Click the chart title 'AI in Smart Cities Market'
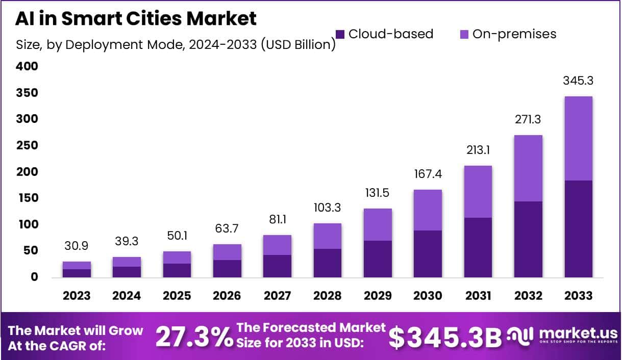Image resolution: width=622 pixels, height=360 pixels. point(135,18)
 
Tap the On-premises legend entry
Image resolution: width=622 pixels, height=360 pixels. point(508,34)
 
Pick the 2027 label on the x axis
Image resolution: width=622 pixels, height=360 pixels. point(278,296)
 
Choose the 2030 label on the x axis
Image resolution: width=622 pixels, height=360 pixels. point(428,296)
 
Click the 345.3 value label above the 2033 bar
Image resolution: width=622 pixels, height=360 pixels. point(578,81)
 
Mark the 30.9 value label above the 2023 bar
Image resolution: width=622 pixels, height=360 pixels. point(77,246)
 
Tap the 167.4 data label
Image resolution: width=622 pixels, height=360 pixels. point(428,174)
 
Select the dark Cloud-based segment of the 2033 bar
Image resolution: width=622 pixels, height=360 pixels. point(578,229)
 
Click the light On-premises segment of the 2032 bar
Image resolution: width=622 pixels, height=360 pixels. point(528,168)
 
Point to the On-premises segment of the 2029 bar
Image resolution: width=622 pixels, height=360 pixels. point(378,224)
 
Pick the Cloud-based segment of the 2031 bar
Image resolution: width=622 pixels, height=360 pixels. point(478,247)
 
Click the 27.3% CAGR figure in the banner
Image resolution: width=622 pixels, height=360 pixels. point(193,338)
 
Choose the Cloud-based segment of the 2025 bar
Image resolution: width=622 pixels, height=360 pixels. point(177,270)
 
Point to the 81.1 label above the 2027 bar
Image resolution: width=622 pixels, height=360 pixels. point(278,219)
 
